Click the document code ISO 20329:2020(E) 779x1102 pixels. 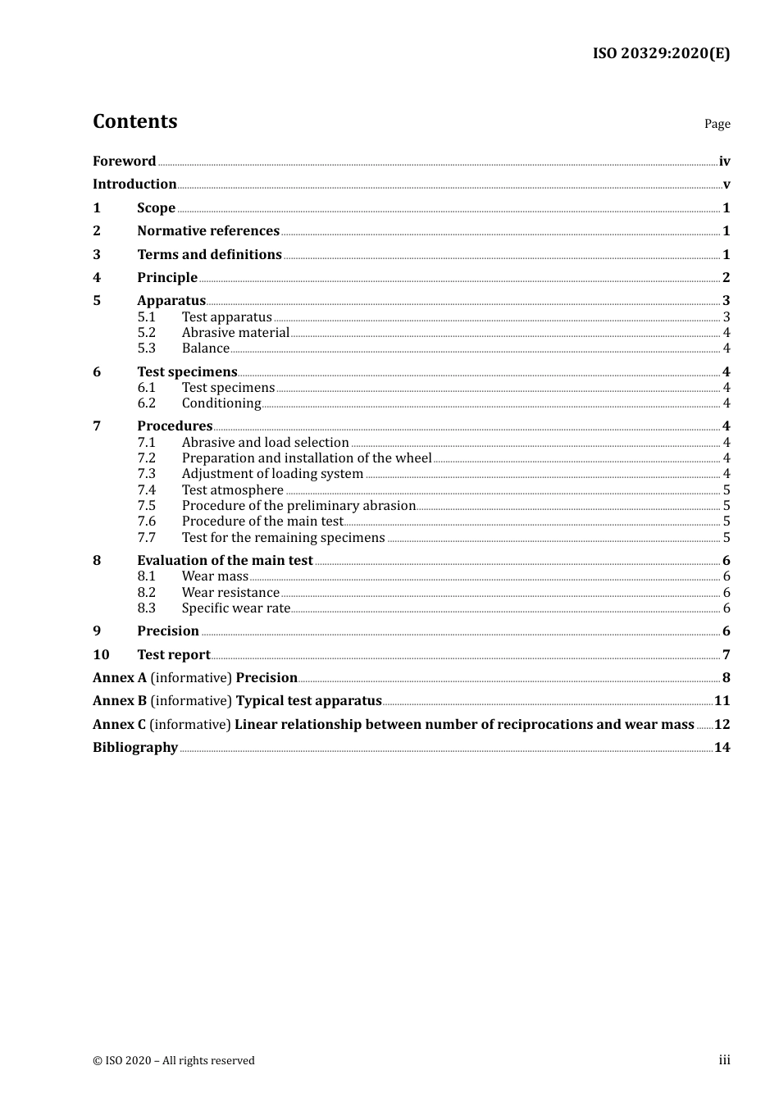pos(661,53)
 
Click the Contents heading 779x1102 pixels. pos(134,121)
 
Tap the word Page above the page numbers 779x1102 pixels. pos(717,124)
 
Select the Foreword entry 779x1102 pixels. pos(124,162)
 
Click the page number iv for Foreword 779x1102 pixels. pos(724,162)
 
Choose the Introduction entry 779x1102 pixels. pos(134,184)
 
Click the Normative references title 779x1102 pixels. pos(208,231)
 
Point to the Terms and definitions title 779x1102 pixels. pos(209,255)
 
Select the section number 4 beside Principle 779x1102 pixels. pos(97,278)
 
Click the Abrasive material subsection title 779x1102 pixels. pos(235,333)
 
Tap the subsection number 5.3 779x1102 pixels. pos(146,348)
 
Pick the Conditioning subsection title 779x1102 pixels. pos(221,403)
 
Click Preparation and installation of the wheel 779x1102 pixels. pos(307,458)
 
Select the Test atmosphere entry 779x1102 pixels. pos(233,490)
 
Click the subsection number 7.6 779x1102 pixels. pos(146,521)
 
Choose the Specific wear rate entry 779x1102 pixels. pos(236,608)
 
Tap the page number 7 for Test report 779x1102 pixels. pos(726,655)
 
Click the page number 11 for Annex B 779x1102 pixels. pos(722,701)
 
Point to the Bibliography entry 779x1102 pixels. pos(135,748)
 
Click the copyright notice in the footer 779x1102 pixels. pos(174,1061)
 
